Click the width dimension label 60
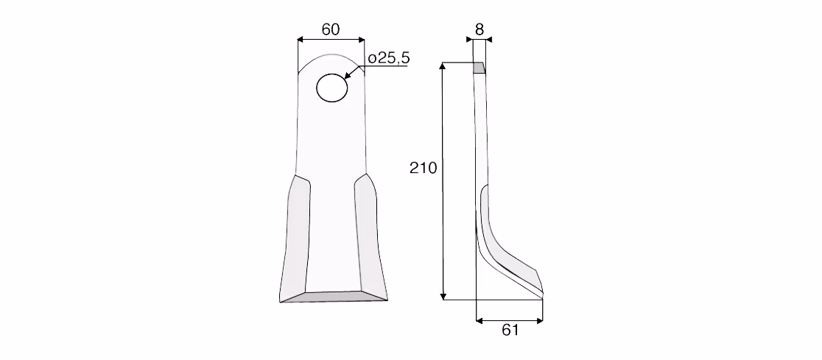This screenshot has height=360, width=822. click(330, 29)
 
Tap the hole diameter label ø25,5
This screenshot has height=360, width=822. click(388, 58)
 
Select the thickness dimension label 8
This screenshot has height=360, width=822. click(479, 30)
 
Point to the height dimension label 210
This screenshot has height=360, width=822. click(423, 168)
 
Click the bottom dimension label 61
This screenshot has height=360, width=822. click(510, 330)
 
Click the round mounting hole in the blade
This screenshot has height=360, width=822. click(332, 88)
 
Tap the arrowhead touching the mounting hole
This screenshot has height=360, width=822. click(348, 75)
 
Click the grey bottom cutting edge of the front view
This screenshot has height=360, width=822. click(334, 297)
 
